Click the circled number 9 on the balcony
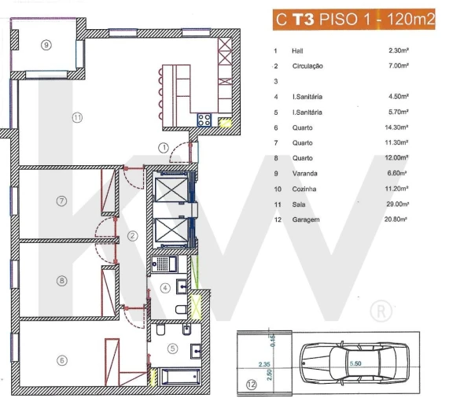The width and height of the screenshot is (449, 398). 46,45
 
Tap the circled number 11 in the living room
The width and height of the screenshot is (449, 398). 76,117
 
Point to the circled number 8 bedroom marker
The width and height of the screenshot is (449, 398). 61,279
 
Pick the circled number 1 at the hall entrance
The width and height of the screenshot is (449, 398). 163,147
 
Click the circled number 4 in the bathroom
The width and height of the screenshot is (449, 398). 165,287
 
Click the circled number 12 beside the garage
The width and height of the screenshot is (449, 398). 251,385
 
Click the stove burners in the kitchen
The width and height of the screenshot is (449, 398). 204,120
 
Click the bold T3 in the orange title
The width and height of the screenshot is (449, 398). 303,21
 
